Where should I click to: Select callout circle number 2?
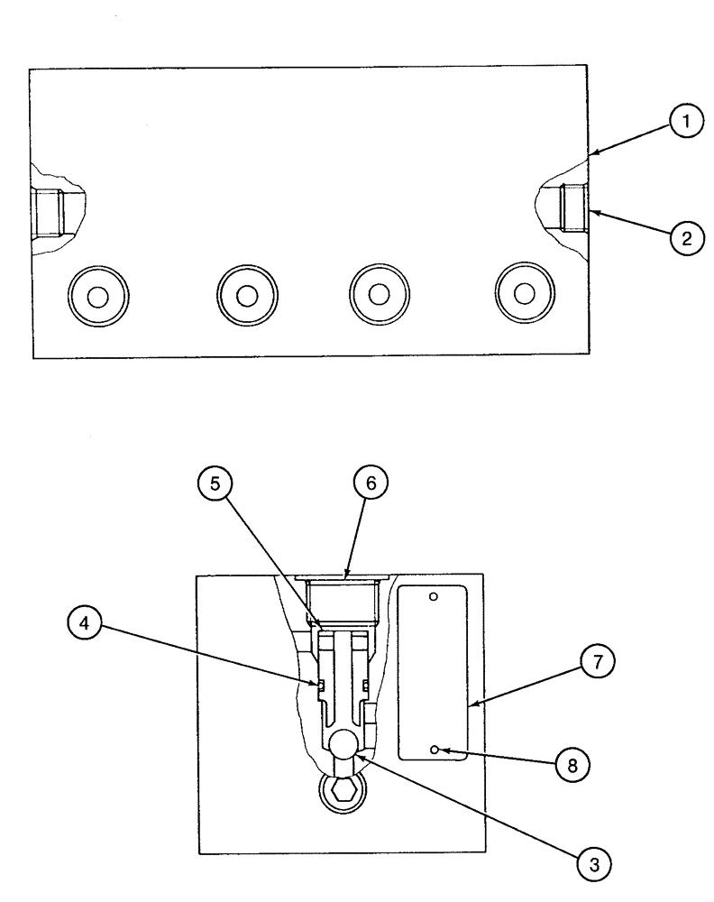(687, 239)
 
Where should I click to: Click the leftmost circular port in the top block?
(98, 295)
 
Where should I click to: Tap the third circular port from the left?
(380, 295)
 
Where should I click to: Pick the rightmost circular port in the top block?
(525, 295)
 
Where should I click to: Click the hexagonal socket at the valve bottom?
(343, 792)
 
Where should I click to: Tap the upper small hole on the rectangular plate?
(433, 596)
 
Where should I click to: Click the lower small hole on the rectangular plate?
(434, 750)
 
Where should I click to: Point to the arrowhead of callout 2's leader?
(590, 213)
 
